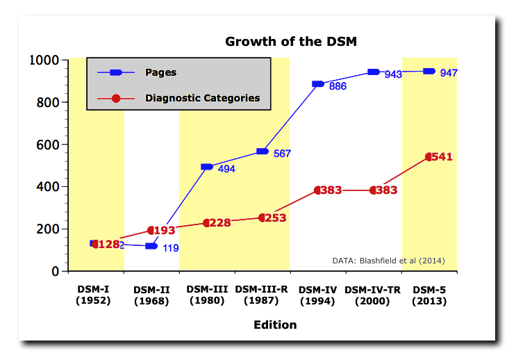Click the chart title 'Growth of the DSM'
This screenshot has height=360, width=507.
(290, 41)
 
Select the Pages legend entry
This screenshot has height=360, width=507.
(160, 72)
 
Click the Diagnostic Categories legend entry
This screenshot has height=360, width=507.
(202, 98)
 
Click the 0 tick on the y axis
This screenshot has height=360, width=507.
(55, 271)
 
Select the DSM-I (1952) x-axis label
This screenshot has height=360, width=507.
(93, 295)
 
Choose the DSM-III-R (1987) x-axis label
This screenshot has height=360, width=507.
(262, 295)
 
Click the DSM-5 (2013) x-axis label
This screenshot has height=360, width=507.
(429, 295)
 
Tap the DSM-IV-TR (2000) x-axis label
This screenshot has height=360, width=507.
(374, 295)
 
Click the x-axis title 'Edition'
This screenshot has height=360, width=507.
(275, 325)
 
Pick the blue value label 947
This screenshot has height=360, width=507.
(449, 73)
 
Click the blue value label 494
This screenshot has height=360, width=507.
(227, 168)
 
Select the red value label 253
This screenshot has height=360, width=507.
(275, 218)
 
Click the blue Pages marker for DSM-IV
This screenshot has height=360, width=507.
(318, 84)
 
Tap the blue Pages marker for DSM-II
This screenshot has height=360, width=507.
(151, 246)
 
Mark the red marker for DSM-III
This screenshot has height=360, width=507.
(207, 223)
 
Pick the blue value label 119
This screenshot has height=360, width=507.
(172, 247)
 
